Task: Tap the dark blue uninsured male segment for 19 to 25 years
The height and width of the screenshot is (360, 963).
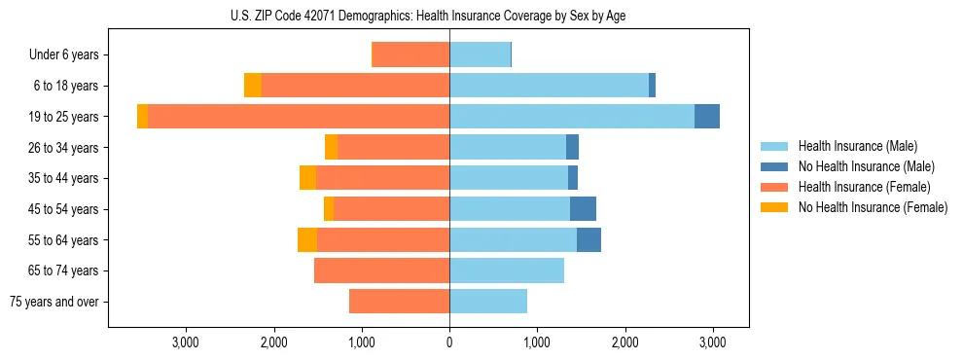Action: pos(707,116)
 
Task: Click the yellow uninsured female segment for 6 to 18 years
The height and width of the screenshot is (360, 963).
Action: pos(253,86)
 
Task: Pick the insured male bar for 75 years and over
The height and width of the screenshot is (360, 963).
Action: pos(488,302)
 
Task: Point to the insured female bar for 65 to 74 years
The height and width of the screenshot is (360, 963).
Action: pos(381,270)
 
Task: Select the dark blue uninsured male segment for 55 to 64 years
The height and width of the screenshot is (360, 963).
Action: pos(588,239)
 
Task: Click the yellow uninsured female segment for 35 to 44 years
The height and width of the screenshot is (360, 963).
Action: pos(307,178)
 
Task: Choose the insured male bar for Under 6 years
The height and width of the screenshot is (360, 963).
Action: pos(480,54)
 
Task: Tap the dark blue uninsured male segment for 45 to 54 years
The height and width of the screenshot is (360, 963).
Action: pos(583,208)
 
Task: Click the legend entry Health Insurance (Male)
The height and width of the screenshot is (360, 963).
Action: pos(857,146)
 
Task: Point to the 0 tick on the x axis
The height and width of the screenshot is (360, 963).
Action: pos(449,342)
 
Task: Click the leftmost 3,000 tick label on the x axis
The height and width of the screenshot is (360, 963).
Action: pos(185,342)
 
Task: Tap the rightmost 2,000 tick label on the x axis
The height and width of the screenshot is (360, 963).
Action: pos(625,342)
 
